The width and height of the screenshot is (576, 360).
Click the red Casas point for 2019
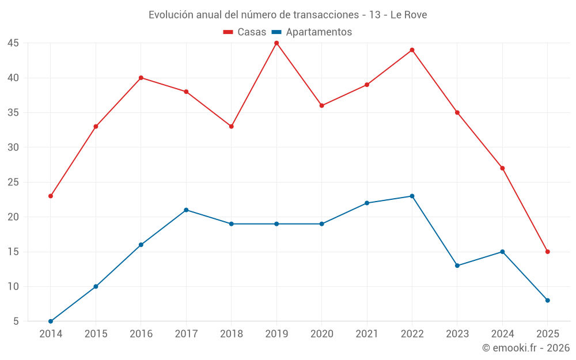[x=276, y=43]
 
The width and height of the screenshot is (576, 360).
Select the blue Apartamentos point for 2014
[x=51, y=321]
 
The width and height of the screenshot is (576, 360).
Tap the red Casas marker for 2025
[x=548, y=252]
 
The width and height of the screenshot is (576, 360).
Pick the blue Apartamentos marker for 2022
[x=412, y=196]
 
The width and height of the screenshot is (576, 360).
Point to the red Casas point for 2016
[x=141, y=78]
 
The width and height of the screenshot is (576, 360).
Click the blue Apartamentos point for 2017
[x=186, y=210]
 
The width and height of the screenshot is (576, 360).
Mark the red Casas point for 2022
[x=412, y=50]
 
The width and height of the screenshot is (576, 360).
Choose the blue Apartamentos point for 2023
[x=457, y=266]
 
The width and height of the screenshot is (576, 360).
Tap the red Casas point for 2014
[x=51, y=196]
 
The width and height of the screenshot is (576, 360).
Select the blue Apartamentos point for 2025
[x=548, y=300]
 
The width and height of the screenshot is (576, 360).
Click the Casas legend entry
[x=245, y=32]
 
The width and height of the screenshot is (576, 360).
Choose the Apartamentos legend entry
[x=312, y=32]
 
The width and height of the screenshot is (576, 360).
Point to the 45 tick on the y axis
[x=13, y=43]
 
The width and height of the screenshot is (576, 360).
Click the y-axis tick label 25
[x=13, y=183]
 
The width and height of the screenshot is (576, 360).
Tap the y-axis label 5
[x=16, y=321]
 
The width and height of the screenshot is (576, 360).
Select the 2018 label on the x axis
[x=231, y=334]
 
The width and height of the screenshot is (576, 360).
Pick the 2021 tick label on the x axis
[x=367, y=334]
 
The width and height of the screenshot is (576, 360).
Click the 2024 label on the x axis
[x=502, y=334]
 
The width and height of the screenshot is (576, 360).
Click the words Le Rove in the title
[x=408, y=15]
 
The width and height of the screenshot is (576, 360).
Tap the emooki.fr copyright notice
[x=525, y=348]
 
